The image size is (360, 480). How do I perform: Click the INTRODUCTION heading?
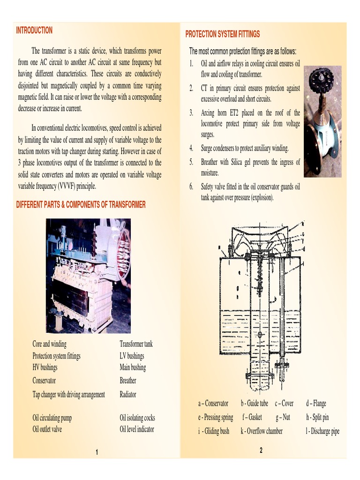coord(34,30)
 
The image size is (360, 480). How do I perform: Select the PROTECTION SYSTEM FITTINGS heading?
coord(222,34)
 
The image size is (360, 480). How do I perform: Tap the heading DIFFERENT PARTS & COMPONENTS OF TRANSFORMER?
coord(81,205)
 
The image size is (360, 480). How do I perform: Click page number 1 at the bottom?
coord(97,452)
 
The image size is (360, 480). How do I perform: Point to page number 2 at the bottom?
coord(261,450)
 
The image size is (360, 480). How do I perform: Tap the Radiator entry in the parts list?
coord(128,394)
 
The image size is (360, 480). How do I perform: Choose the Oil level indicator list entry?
coord(137,429)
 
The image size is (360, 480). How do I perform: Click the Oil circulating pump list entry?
coord(52,418)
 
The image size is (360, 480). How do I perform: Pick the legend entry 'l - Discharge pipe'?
coord(322,431)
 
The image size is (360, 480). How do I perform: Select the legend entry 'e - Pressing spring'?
coord(216,417)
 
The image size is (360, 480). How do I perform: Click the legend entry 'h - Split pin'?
coord(317,417)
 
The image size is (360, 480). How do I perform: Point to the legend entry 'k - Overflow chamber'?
coord(262,431)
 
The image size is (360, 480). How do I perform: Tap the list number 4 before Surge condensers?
coord(191,149)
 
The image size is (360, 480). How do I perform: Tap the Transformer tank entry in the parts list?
coord(136,344)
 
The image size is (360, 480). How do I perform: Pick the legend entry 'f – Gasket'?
coord(252,417)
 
